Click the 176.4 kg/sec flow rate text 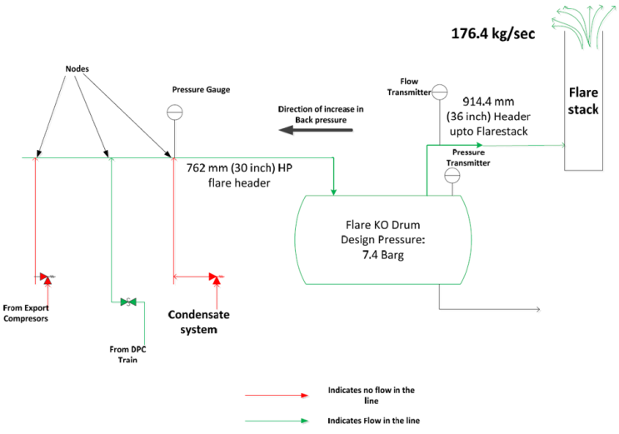click(492, 35)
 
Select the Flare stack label click(583, 102)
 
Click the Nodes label click(77, 67)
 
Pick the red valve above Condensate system click(215, 277)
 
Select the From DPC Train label click(122, 354)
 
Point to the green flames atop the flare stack click(584, 23)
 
